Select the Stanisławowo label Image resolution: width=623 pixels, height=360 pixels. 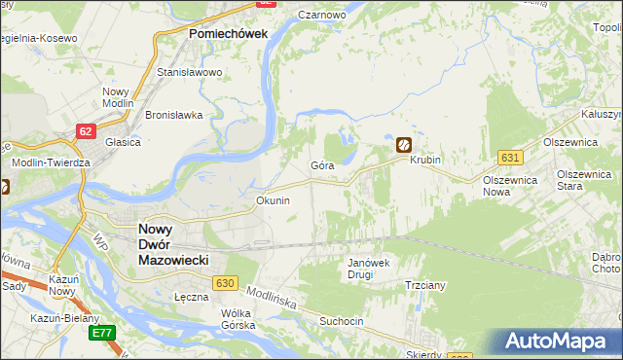191,72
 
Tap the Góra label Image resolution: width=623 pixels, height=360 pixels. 322,166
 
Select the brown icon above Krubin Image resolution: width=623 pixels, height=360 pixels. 402,144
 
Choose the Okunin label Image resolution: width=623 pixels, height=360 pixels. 273,200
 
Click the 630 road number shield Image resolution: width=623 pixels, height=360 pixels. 226,282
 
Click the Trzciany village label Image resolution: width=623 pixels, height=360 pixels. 425,286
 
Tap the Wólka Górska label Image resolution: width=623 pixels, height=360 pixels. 238,319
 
